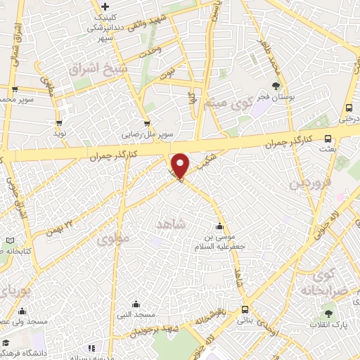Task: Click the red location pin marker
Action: point(181,165)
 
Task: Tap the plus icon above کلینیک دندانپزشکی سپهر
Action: point(105,6)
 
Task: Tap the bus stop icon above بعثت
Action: point(328,137)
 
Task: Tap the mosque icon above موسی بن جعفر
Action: point(220,226)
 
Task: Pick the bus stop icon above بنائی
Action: point(245,309)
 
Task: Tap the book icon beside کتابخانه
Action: point(9,241)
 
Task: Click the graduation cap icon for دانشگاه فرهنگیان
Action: point(6,342)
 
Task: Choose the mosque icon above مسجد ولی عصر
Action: point(22,311)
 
